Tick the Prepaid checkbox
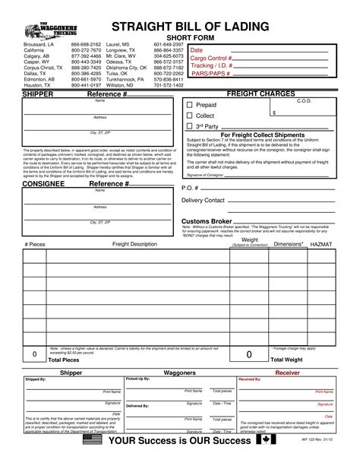point(190,104)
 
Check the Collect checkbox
point(190,115)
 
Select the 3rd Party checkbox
point(190,125)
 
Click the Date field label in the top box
point(196,49)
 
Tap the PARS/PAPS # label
point(209,74)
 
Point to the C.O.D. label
point(305,101)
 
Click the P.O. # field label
point(191,187)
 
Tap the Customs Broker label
point(207,221)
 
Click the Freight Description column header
point(134,244)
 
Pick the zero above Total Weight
point(248,354)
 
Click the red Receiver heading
point(287,373)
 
